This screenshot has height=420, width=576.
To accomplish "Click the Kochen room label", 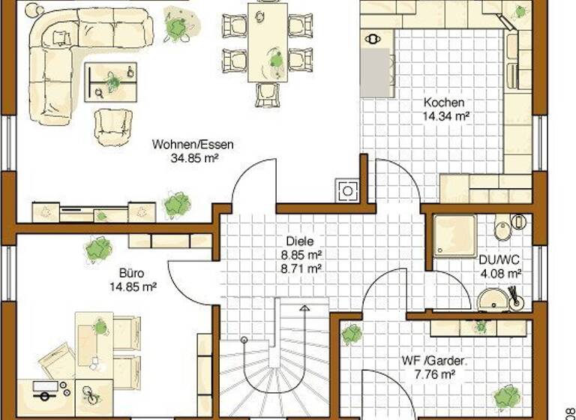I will (444, 103).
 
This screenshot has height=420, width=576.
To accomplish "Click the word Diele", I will (297, 241).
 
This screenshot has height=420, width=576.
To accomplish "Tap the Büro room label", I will (131, 273).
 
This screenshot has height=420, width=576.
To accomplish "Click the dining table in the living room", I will (268, 42).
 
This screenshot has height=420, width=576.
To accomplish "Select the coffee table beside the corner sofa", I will (112, 81).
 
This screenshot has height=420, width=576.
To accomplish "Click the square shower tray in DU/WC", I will (454, 234).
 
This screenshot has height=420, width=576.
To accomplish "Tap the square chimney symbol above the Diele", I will (347, 190).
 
